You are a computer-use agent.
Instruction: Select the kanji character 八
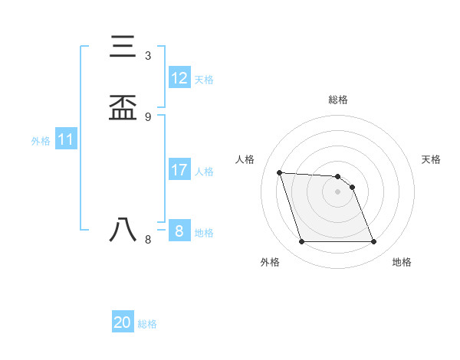[123, 231]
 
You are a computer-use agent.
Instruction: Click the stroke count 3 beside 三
[148, 55]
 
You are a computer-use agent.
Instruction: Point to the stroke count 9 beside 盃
[148, 116]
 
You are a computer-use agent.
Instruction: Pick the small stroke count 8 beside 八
[148, 239]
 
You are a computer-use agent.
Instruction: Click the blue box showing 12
[179, 77]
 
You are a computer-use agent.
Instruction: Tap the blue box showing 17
[179, 170]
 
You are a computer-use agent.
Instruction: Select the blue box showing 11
[66, 140]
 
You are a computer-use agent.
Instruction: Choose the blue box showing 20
[123, 322]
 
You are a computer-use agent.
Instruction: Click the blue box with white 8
[179, 231]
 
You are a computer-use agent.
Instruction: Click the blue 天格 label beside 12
[204, 80]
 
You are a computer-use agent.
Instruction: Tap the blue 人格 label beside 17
[204, 172]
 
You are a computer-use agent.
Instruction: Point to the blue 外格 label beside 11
[41, 141]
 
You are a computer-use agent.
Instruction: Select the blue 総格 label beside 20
[147, 324]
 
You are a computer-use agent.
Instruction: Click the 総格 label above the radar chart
[338, 100]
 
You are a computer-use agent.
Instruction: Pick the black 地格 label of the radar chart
[402, 262]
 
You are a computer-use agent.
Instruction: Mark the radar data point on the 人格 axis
[280, 172]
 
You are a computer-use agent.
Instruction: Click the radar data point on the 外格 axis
[301, 242]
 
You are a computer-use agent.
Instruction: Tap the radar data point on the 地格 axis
[374, 242]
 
